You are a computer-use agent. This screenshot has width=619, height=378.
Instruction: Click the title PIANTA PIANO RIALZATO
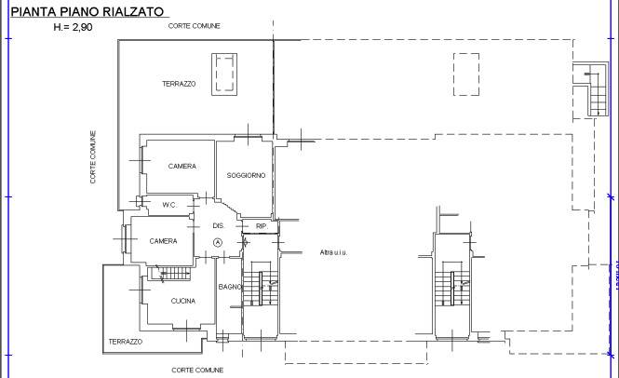pyautogui.click(x=88, y=12)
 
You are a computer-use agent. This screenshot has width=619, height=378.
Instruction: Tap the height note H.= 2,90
pyautogui.click(x=78, y=29)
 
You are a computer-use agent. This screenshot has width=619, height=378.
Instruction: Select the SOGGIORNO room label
pyautogui.click(x=247, y=176)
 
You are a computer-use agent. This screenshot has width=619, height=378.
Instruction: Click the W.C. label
pyautogui.click(x=169, y=204)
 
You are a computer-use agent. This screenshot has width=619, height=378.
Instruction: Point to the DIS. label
pyautogui.click(x=219, y=225)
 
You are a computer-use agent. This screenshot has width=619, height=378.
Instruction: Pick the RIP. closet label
pyautogui.click(x=262, y=225)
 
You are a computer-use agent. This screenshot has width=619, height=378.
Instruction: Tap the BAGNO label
pyautogui.click(x=230, y=287)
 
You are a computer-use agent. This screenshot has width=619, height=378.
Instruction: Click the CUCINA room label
pyautogui.click(x=182, y=301)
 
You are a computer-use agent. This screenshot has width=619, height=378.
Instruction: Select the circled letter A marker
pyautogui.click(x=218, y=242)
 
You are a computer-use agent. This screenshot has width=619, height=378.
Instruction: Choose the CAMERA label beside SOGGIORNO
pyautogui.click(x=182, y=166)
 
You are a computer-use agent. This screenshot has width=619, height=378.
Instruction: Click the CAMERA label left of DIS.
pyautogui.click(x=163, y=241)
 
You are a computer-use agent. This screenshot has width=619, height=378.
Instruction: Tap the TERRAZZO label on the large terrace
pyautogui.click(x=179, y=84)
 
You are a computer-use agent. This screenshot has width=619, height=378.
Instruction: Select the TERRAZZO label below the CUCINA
pyautogui.click(x=126, y=342)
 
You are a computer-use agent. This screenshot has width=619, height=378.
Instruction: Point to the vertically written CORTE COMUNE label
pyautogui.click(x=93, y=156)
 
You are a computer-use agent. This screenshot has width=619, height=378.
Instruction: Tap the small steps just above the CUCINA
pyautogui.click(x=175, y=274)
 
